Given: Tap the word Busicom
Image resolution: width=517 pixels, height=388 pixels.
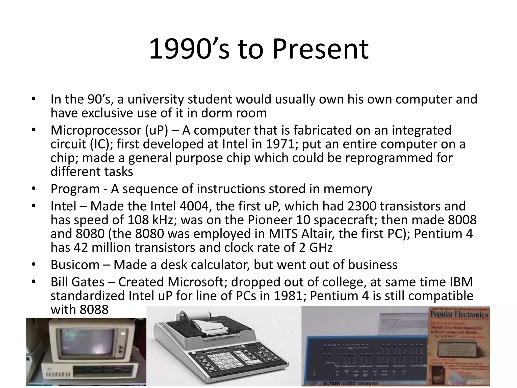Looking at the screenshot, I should [75, 265].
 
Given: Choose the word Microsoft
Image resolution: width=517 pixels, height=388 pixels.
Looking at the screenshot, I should [196, 282].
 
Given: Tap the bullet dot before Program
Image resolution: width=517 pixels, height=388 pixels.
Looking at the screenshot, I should [33, 189].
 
